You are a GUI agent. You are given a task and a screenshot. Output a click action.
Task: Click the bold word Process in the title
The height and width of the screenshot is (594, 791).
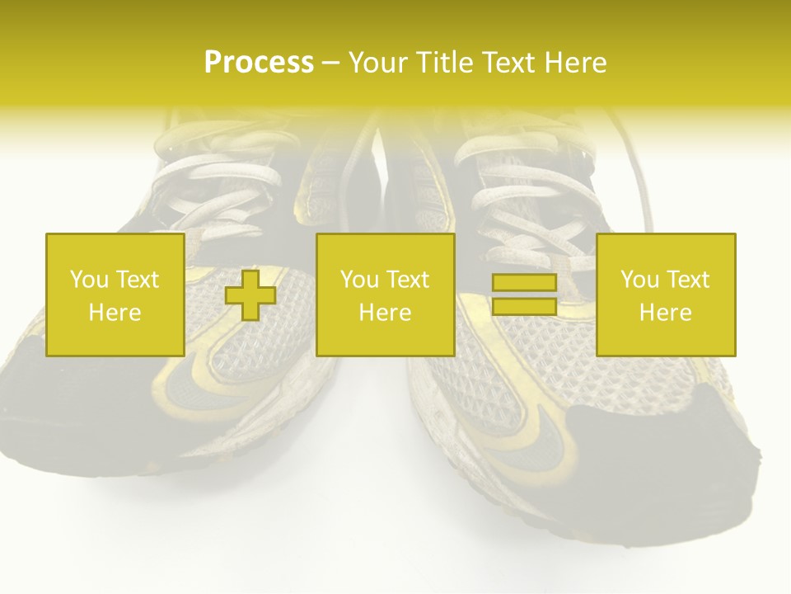pyautogui.click(x=259, y=63)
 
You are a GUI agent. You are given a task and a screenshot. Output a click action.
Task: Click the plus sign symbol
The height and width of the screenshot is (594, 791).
pyautogui.click(x=250, y=295)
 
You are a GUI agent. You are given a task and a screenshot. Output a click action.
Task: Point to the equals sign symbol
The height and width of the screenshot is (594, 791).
pyautogui.click(x=524, y=295)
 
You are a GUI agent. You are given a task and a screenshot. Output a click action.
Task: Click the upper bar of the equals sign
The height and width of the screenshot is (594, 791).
pyautogui.click(x=524, y=283)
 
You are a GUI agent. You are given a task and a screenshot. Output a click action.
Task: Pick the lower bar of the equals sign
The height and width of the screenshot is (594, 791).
pyautogui.click(x=524, y=306)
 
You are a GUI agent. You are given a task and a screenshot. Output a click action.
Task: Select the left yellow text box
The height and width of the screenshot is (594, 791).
pyautogui.click(x=115, y=295)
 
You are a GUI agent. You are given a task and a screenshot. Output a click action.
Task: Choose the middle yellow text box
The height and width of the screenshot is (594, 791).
pyautogui.click(x=385, y=295)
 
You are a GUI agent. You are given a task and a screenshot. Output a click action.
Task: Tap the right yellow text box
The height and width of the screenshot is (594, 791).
pyautogui.click(x=666, y=295)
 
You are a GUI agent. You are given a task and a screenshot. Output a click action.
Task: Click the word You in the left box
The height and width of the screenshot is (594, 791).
pyautogui.click(x=87, y=280)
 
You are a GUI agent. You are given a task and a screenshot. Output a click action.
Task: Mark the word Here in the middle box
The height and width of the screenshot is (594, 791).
pyautogui.click(x=385, y=313)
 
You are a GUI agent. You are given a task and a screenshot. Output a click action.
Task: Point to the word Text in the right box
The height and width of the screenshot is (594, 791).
pyautogui.click(x=687, y=280)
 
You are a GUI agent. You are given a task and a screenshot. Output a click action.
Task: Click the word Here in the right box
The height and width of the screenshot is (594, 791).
pyautogui.click(x=666, y=313)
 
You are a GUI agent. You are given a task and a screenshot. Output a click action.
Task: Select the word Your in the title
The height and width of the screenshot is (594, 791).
pyautogui.click(x=377, y=63)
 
